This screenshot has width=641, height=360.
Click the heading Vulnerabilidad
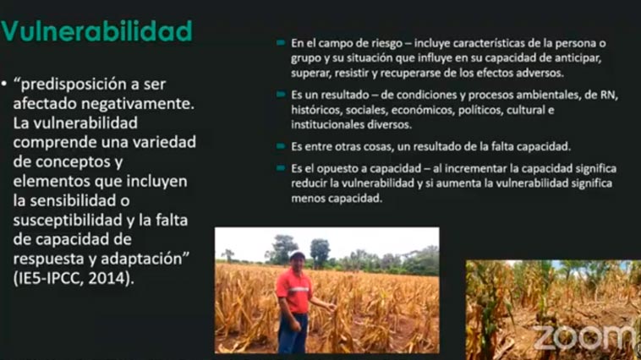tap(96, 31)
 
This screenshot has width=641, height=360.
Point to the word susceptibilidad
tap(68, 221)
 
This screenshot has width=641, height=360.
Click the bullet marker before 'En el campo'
tap(281, 42)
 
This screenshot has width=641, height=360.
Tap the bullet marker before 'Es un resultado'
tap(281, 95)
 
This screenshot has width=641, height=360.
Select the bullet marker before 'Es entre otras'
tap(281, 146)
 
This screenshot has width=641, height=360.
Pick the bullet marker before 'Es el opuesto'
tap(281, 167)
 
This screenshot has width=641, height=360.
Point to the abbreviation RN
tap(608, 95)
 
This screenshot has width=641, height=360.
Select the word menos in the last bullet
tap(305, 199)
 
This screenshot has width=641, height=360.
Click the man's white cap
tap(297, 255)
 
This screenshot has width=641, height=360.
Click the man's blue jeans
tap(293, 333)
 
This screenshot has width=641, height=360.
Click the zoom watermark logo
tap(584, 337)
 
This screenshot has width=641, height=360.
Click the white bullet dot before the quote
tap(4, 85)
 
